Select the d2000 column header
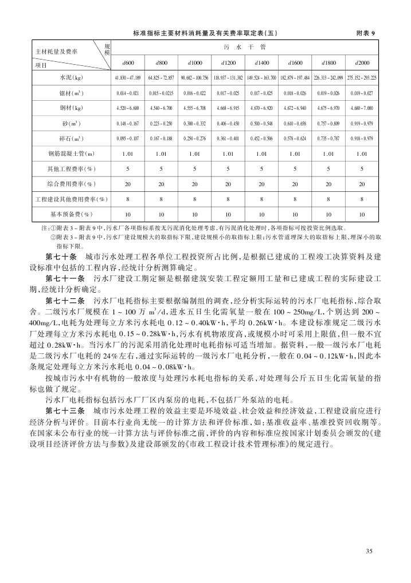tap(362, 62)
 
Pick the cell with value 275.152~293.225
tap(362, 77)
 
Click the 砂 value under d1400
tap(261, 123)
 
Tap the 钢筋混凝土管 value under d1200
tap(228, 153)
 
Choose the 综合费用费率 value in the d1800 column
tap(328, 184)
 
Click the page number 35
tap(369, 551)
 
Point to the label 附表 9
tap(365, 33)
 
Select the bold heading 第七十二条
tap(65, 299)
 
